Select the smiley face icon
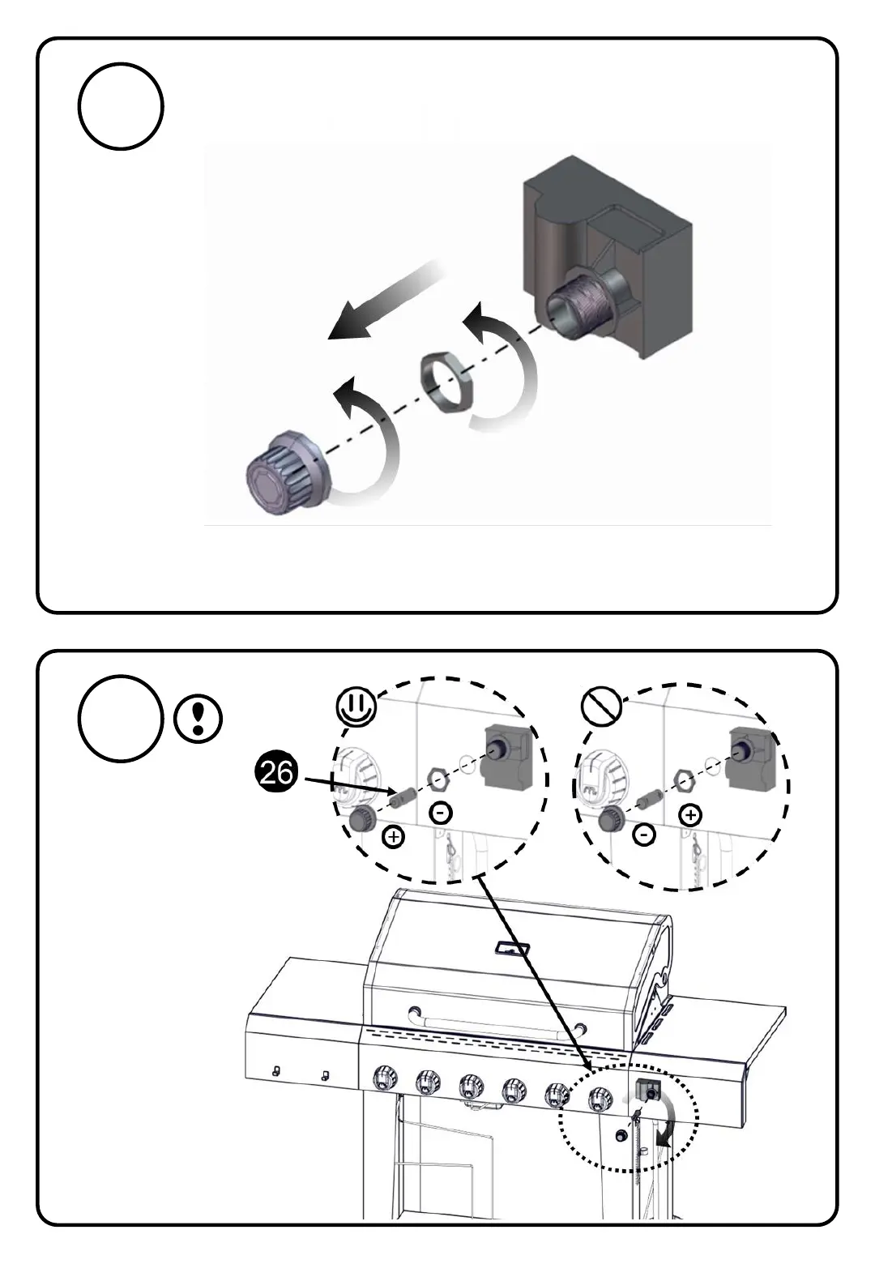point(357,707)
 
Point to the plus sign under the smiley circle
point(394,836)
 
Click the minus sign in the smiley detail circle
point(441,813)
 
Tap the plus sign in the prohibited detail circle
point(690,815)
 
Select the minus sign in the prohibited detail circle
point(644,834)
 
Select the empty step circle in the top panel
point(122,107)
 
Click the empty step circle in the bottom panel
point(122,718)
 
